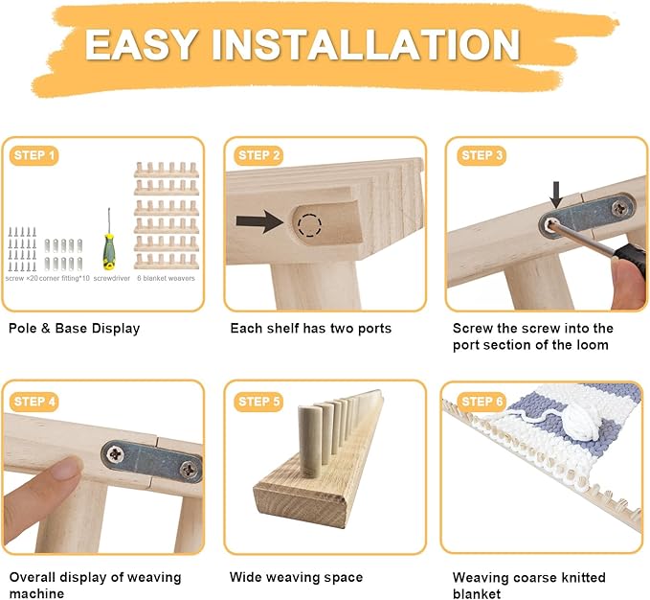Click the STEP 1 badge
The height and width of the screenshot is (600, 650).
tap(34, 155)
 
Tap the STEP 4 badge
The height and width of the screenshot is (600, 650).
tap(34, 402)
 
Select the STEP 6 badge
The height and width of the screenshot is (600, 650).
tap(482, 402)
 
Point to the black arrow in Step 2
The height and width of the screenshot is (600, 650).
tap(259, 221)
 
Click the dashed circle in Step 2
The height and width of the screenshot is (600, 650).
tap(309, 225)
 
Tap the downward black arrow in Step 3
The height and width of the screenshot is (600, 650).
tap(556, 195)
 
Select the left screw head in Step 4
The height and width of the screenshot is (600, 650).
tap(115, 454)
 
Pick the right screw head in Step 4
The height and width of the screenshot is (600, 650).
tap(189, 470)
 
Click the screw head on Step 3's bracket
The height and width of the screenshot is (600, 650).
tap(620, 206)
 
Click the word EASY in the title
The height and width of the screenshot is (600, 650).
tap(140, 44)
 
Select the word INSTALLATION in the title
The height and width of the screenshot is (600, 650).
tap(366, 44)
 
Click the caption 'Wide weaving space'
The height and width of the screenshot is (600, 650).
tap(296, 577)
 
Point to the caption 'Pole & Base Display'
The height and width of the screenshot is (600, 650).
tap(75, 328)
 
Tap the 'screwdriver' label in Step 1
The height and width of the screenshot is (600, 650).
tap(112, 278)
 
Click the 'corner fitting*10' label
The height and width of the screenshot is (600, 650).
tap(64, 278)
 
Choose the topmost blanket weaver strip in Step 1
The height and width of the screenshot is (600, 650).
tap(167, 170)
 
